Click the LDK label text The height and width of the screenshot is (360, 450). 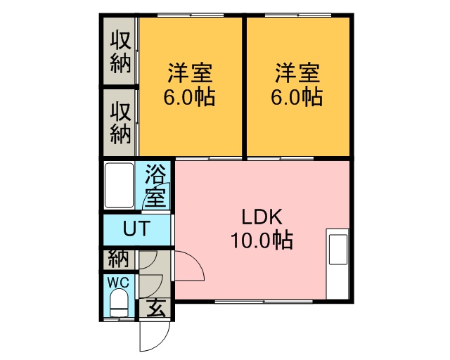[262, 217]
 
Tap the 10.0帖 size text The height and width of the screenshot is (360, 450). [262, 240]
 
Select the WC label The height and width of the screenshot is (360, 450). [118, 283]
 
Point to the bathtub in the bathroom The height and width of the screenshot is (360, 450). [119, 185]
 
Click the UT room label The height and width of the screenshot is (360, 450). [136, 229]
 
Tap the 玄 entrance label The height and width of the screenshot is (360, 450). [156, 308]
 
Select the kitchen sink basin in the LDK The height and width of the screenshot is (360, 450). [337, 249]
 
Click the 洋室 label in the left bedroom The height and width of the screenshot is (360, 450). [189, 73]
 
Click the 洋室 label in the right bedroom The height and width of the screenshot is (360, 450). [297, 73]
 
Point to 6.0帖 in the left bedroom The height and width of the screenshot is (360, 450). [189, 97]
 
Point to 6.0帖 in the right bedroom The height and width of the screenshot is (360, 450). [297, 97]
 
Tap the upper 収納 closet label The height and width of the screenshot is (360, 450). [120, 52]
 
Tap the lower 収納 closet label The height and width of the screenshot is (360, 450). [120, 123]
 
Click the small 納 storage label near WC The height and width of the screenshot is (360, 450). [118, 259]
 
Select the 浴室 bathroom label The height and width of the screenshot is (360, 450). [156, 186]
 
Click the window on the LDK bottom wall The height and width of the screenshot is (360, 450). [264, 302]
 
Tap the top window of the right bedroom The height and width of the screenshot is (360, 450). [297, 15]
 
